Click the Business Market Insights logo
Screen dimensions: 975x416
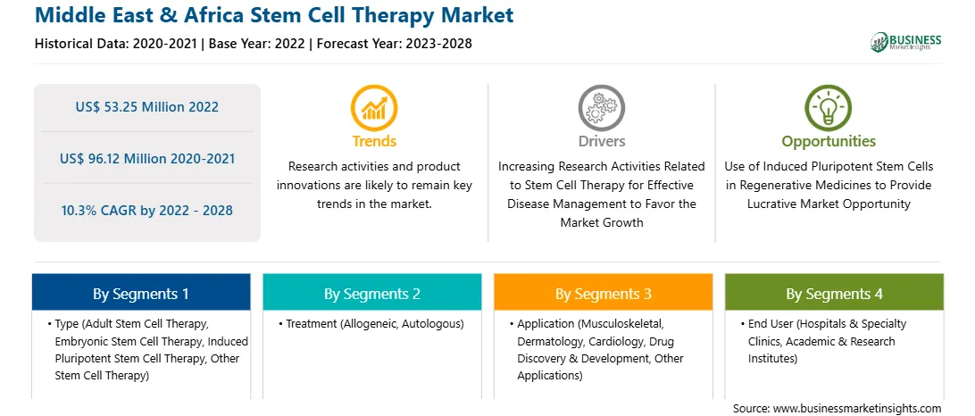tap(906, 42)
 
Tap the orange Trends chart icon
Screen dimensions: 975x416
tap(374, 107)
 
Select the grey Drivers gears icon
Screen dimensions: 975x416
tap(601, 107)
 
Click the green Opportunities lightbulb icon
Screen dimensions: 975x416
tap(829, 107)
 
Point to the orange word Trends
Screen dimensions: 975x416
tap(374, 141)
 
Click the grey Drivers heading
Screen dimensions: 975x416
tap(601, 141)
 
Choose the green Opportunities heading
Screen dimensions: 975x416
tap(829, 142)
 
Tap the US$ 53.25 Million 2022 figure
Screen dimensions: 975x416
tap(147, 107)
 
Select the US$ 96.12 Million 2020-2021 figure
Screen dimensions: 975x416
tap(147, 159)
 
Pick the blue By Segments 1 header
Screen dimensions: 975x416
tap(140, 294)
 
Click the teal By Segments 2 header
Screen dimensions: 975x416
tap(371, 294)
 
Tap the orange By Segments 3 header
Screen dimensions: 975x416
tap(604, 294)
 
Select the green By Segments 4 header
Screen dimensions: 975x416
tap(835, 294)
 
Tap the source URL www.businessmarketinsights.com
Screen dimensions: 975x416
tap(855, 409)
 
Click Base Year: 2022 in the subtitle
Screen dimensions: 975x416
tap(256, 44)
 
